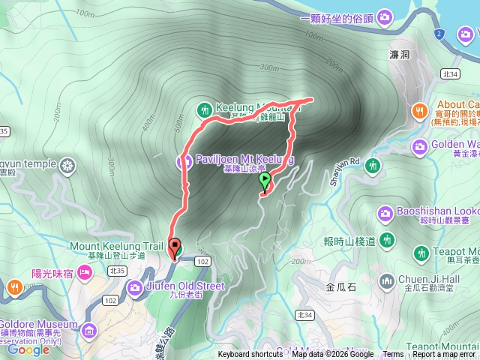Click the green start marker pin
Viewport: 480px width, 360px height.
(264, 181)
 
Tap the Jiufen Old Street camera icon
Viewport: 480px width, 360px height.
(136, 286)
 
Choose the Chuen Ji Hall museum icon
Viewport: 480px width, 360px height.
(386, 282)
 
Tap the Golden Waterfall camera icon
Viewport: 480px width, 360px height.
(420, 145)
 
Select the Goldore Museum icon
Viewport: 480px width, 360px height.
(89, 330)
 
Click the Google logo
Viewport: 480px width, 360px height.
(28, 349)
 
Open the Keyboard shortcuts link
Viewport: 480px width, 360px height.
(250, 355)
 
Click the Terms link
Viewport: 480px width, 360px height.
(393, 355)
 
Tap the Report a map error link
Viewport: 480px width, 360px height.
(444, 355)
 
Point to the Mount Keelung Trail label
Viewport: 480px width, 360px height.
(116, 245)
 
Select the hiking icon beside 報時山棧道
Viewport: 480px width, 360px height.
(386, 241)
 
